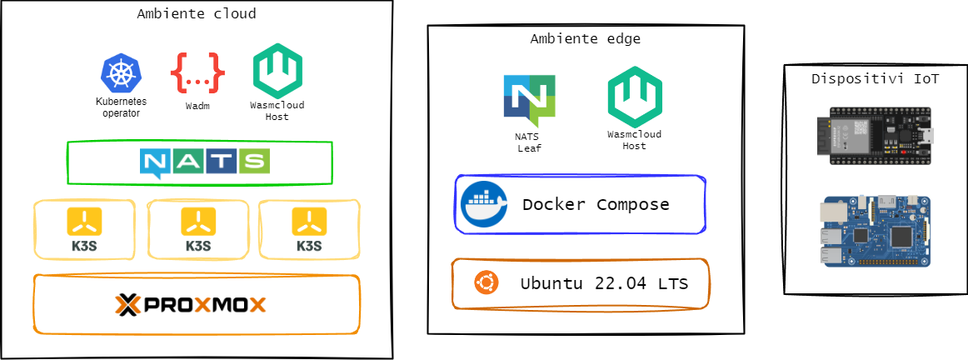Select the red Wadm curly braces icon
[x=197, y=73]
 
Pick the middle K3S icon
[x=198, y=222]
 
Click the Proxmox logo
[x=191, y=304]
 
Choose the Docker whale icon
[x=484, y=203]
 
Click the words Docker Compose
[x=596, y=204]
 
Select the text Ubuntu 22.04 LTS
[x=604, y=283]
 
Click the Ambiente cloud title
[x=197, y=13]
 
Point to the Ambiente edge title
[x=585, y=38]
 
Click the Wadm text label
[x=197, y=106]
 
